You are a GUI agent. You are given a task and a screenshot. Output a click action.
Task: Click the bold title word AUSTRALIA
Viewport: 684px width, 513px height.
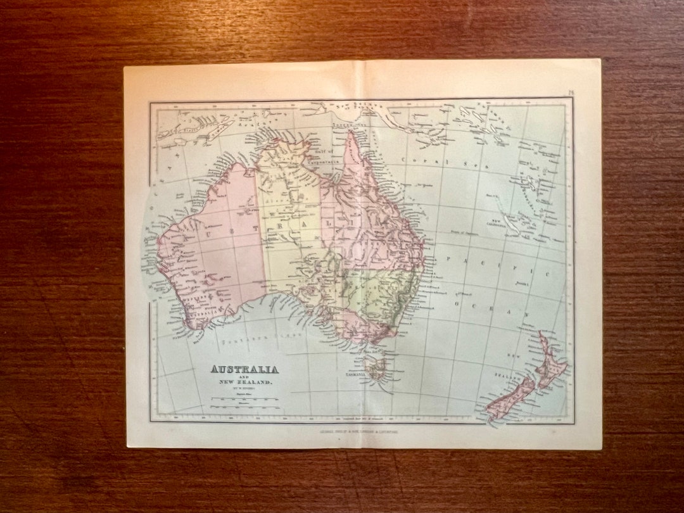(244, 369)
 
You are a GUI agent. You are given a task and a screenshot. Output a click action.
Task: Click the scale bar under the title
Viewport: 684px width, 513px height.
(244, 399)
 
